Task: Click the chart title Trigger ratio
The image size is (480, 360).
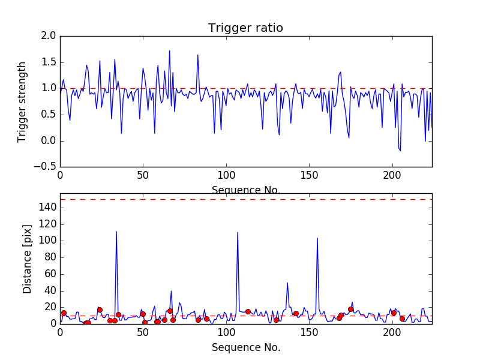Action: [245, 28]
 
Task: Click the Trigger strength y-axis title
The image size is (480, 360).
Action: [22, 101]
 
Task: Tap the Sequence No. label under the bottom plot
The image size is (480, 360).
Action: [245, 347]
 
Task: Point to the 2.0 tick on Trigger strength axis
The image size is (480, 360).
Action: [49, 36]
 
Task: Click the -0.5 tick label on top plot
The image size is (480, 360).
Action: [46, 167]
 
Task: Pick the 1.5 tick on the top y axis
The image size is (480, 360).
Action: [49, 62]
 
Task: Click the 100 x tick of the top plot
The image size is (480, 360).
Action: [226, 176]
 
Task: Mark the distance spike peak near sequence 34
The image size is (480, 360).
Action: [116, 232]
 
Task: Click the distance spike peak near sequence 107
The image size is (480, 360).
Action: [238, 232]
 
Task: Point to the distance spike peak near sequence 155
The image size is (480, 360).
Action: [317, 238]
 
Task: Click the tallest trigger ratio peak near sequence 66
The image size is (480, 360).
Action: [170, 51]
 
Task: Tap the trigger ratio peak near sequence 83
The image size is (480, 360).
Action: [198, 55]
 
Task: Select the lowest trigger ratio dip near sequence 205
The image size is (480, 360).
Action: [400, 151]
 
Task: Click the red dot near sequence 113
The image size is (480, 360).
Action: [248, 311]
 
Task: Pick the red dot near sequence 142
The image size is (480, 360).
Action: [296, 313]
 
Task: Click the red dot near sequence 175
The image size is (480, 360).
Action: [350, 309]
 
